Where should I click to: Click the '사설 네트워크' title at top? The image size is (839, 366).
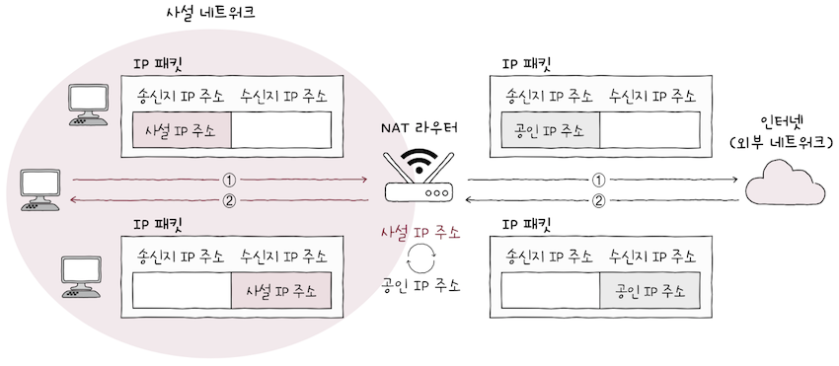click(x=212, y=17)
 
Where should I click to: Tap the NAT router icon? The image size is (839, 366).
click(x=420, y=179)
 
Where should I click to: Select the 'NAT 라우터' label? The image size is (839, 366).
click(x=419, y=128)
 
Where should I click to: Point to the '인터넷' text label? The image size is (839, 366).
click(x=784, y=122)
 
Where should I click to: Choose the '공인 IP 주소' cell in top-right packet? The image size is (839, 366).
click(x=550, y=130)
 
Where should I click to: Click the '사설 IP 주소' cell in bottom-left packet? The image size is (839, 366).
click(x=282, y=290)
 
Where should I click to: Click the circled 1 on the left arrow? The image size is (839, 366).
click(x=230, y=181)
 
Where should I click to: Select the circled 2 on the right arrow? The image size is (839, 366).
click(x=597, y=201)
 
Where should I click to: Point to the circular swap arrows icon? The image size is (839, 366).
click(x=420, y=259)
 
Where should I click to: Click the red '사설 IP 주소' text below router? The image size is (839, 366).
click(x=420, y=233)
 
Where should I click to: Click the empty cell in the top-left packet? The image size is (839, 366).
click(x=282, y=130)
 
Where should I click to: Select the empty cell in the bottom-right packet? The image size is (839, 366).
click(x=550, y=290)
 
